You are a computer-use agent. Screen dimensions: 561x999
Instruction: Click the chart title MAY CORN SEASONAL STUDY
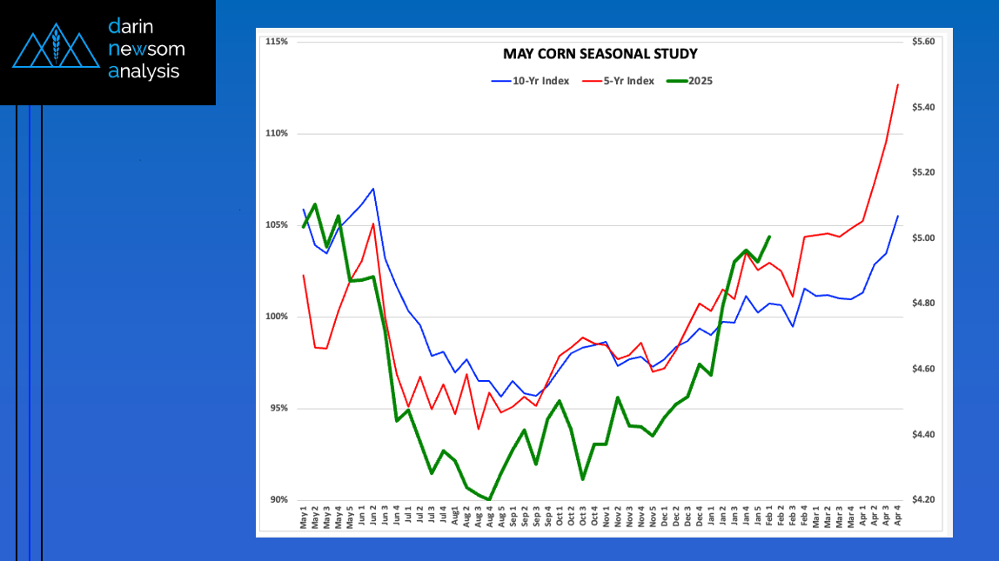600,54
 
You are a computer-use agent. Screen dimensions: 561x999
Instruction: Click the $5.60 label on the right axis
922,42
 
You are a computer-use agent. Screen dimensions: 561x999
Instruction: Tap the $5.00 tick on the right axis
922,238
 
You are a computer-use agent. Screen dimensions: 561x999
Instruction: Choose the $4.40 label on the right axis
922,435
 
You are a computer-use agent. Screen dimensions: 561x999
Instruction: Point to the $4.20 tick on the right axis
922,500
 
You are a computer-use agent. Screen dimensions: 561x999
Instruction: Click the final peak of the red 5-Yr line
897,84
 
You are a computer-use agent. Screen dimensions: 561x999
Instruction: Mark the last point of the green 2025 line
769,237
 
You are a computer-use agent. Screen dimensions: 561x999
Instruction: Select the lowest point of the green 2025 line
490,499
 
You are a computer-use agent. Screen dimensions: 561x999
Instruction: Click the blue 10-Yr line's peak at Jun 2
373,189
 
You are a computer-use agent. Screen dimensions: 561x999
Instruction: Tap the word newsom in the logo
146,49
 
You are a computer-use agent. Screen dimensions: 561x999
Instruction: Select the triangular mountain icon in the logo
54,50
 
